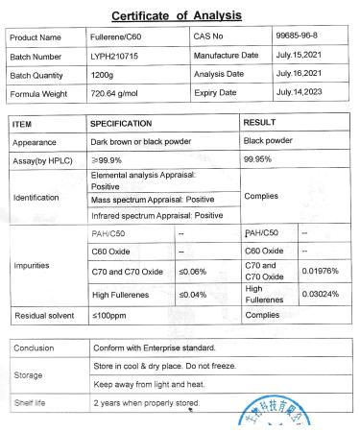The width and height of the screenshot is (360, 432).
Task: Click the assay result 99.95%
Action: click(260, 159)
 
